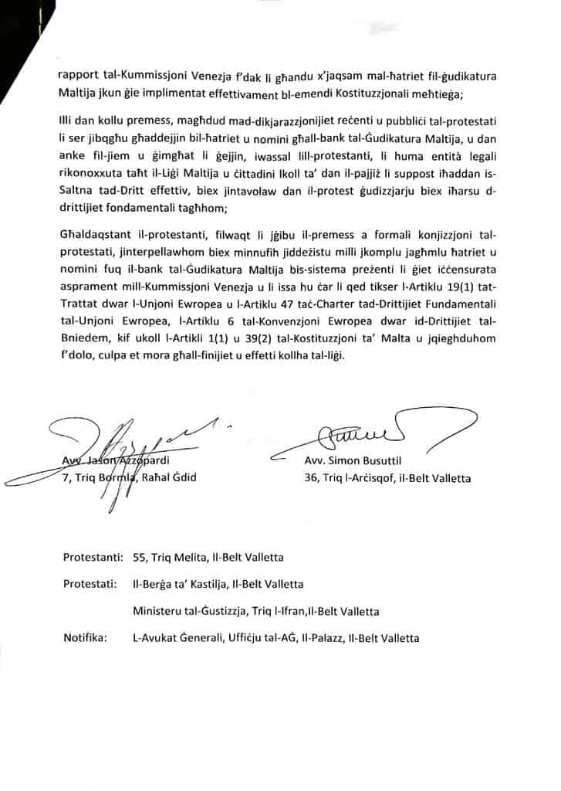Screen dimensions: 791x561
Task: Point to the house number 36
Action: (313, 477)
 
